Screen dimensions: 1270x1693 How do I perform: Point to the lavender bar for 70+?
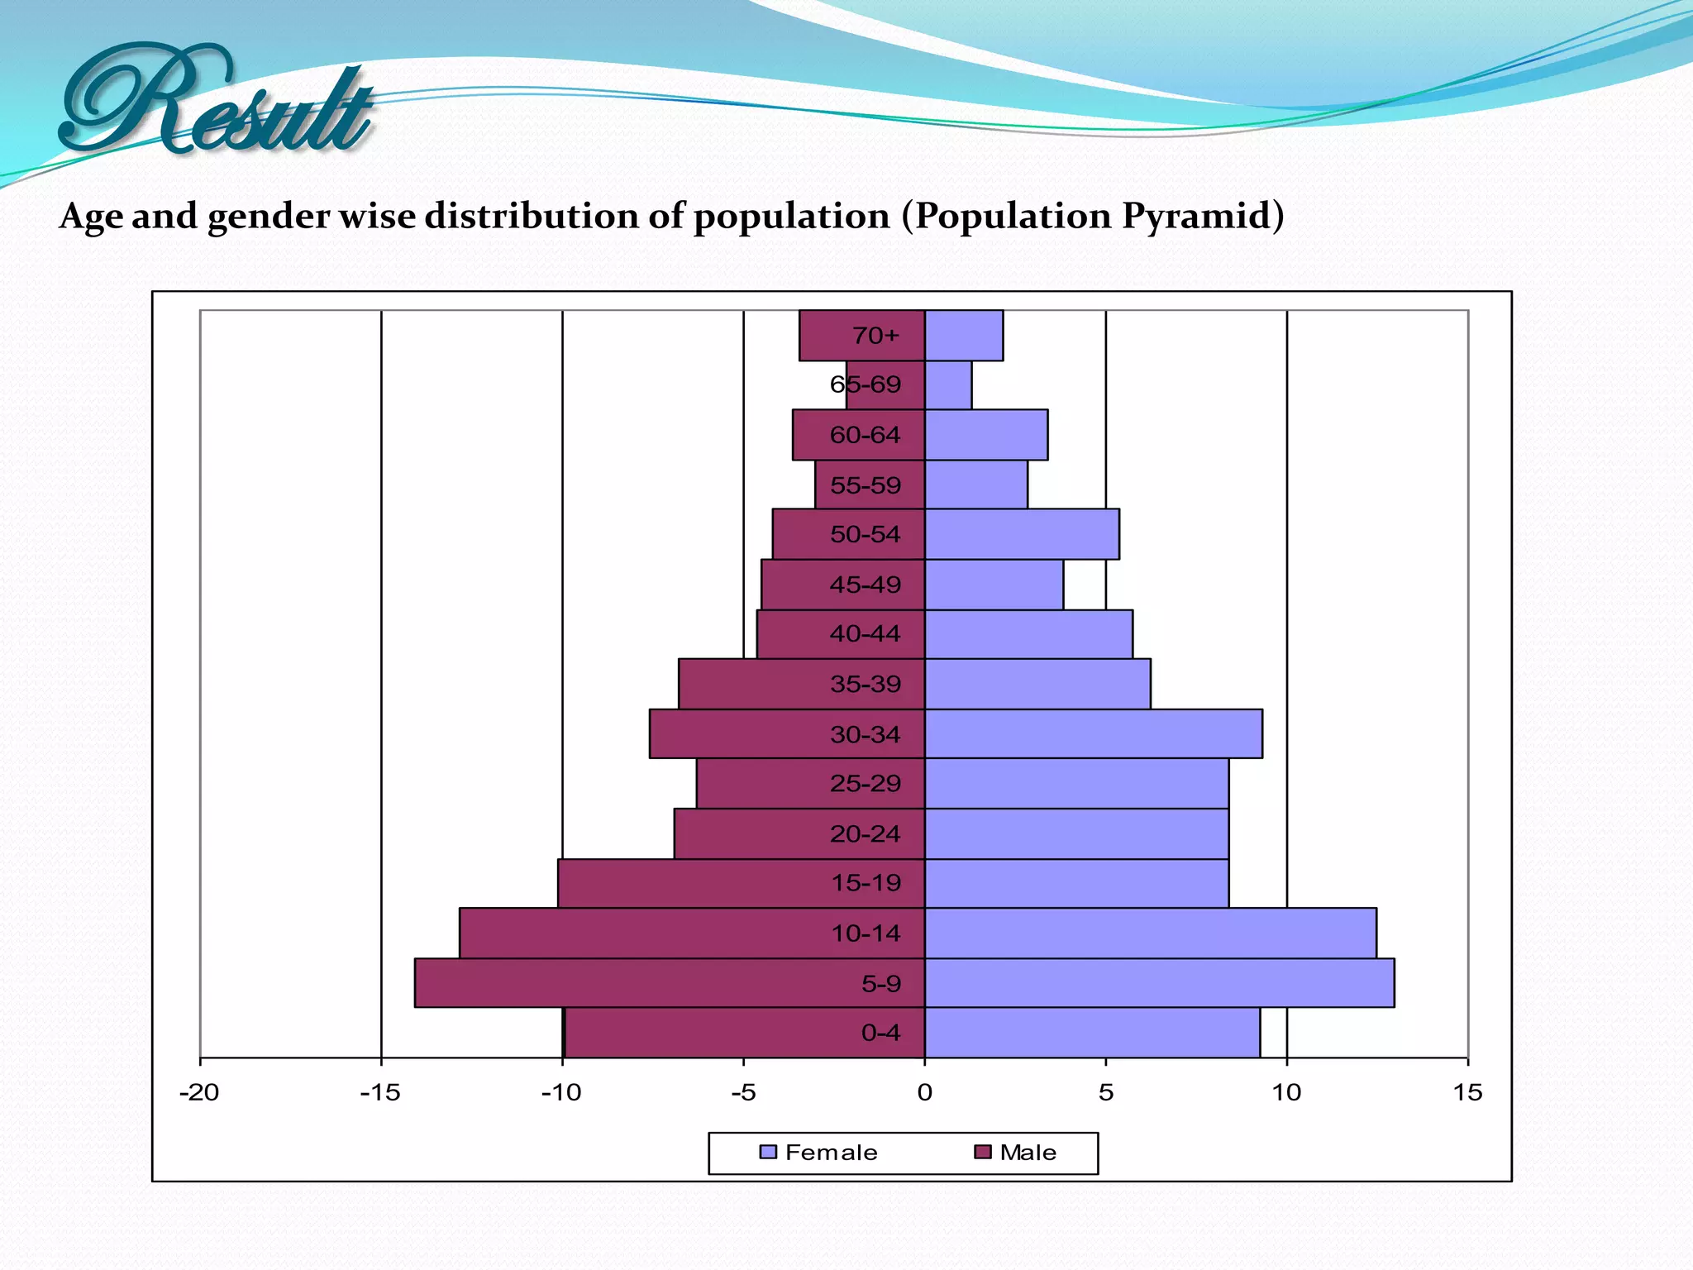[964, 336]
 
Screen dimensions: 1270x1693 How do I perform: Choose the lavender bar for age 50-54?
[1022, 534]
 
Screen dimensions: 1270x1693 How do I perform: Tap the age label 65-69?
[865, 384]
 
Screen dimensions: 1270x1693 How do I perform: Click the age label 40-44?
[865, 634]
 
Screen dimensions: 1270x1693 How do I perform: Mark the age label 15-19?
[866, 883]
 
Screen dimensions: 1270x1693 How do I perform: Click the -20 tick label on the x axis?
[199, 1093]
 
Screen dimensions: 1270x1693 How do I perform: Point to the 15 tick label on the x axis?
[1467, 1093]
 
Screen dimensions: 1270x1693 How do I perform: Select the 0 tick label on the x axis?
[924, 1093]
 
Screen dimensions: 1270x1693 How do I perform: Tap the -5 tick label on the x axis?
[743, 1093]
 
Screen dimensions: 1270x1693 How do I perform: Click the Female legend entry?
[818, 1153]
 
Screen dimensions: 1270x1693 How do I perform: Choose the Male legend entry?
[1017, 1153]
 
